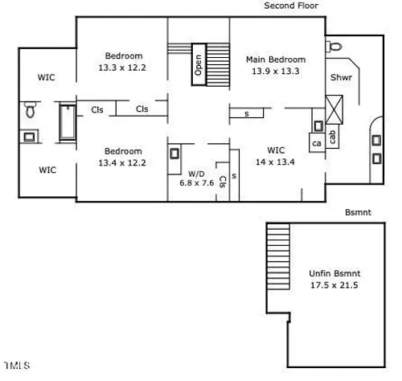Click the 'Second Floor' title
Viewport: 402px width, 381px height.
291,6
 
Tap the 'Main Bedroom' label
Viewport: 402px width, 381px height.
276,59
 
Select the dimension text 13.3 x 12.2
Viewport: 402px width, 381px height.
122,68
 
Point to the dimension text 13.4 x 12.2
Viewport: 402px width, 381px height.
122,162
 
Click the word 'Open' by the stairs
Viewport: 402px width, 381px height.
199,65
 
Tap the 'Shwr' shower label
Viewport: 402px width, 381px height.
341,77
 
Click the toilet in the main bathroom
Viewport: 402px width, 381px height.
334,47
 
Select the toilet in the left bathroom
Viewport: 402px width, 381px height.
31,109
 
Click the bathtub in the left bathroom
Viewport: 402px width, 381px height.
68,122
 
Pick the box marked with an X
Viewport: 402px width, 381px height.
334,109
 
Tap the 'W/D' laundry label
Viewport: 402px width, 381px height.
196,174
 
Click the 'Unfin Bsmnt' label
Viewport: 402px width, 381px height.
334,273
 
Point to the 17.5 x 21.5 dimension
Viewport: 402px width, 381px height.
334,285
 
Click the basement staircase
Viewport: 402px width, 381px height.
278,256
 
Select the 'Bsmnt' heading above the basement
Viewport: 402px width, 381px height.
358,212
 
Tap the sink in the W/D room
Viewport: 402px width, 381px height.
174,154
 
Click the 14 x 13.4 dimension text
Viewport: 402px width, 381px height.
275,162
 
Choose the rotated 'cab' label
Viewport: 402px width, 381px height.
332,137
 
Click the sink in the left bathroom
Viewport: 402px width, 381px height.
29,137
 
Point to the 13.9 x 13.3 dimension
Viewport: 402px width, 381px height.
276,71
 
